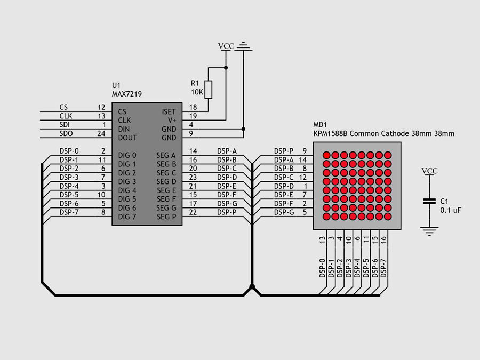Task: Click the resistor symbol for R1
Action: [x=209, y=89]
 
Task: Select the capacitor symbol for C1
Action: [x=429, y=201]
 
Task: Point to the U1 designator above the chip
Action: [x=116, y=85]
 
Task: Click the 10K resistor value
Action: [x=196, y=92]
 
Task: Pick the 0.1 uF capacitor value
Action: [x=450, y=210]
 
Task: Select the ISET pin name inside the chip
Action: [x=169, y=112]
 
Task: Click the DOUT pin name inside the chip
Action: [x=127, y=138]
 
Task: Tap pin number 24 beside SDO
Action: [x=101, y=133]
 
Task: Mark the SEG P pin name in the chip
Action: [x=166, y=217]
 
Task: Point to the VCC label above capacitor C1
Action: [x=429, y=171]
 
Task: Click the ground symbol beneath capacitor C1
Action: [x=429, y=230]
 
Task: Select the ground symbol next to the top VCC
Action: [x=244, y=47]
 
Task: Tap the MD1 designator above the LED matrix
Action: [x=320, y=125]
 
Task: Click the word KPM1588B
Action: [x=331, y=133]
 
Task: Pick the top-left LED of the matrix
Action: [x=327, y=155]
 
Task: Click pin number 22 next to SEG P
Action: [x=193, y=212]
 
